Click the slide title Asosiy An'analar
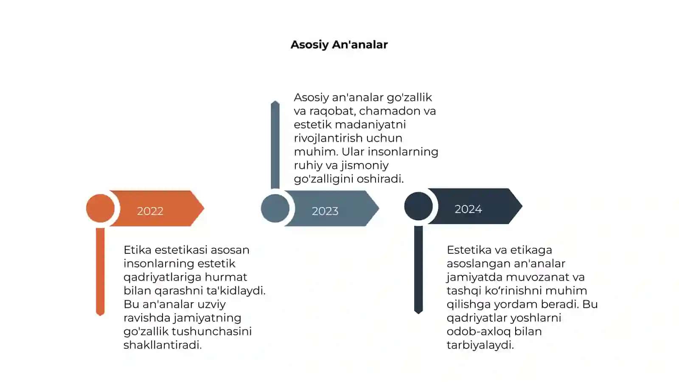(339, 45)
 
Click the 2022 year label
(150, 211)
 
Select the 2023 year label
(325, 211)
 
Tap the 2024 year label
(468, 209)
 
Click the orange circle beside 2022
(100, 208)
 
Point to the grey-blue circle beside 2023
(275, 208)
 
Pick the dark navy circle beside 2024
(418, 206)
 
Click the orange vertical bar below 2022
(100, 272)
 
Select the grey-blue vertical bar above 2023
(275, 145)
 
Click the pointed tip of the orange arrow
(204, 208)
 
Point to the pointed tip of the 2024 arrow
(522, 206)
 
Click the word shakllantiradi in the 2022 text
(163, 345)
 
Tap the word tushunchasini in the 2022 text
(212, 331)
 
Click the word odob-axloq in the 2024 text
(479, 331)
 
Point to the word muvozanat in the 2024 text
(538, 277)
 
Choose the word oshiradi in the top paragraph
(380, 179)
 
